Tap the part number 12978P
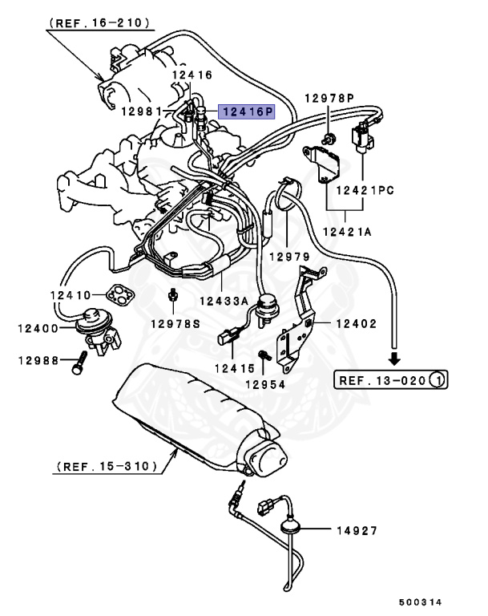coord(329,99)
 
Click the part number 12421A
coord(345,231)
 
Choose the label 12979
coord(288,257)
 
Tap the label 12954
coord(266,385)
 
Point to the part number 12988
coord(38,361)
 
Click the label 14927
coord(355,531)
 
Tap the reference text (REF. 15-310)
coord(104,465)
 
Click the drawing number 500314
coord(421,602)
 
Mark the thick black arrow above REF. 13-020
coord(394,358)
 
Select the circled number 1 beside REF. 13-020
coord(438,379)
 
